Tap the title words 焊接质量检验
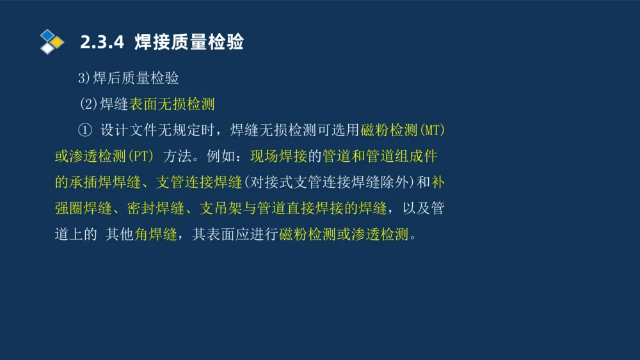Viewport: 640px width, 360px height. (189, 43)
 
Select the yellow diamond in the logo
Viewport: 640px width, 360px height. (58, 42)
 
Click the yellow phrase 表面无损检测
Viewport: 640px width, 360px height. (172, 104)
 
